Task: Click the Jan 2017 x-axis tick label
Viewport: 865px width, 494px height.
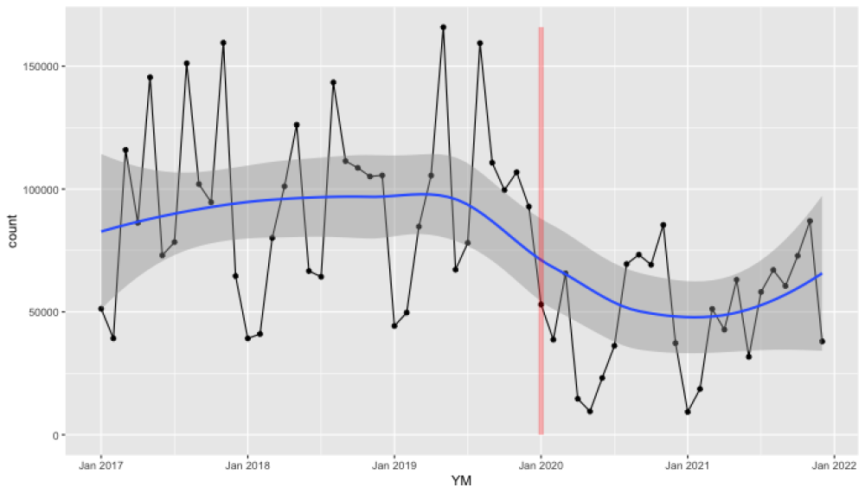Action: click(x=100, y=465)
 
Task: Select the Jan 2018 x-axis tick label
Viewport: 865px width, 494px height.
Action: click(x=247, y=465)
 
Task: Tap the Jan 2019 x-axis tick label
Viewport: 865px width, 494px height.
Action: click(x=394, y=465)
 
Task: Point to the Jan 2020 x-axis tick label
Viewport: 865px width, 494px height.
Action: click(x=541, y=465)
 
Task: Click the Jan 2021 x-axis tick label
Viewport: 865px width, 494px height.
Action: click(x=688, y=465)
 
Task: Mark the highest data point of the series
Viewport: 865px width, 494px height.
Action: click(x=443, y=27)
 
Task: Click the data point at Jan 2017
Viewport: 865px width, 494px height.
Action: click(x=101, y=309)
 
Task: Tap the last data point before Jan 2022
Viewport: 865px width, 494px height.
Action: click(x=822, y=342)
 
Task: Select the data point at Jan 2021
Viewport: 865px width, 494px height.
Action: click(x=688, y=412)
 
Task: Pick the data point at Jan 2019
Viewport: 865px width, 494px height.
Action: click(x=394, y=326)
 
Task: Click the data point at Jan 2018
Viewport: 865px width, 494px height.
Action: click(x=247, y=338)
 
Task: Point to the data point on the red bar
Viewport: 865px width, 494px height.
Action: click(x=541, y=305)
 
